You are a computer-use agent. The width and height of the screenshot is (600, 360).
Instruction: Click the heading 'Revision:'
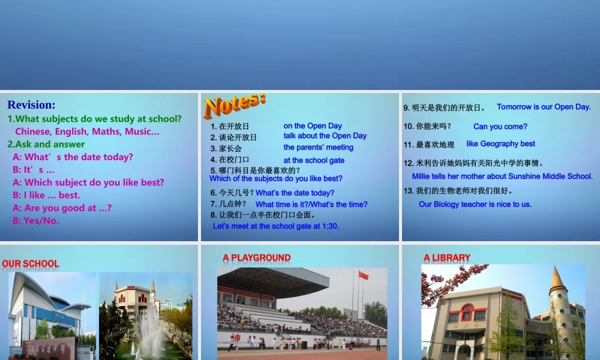(31, 105)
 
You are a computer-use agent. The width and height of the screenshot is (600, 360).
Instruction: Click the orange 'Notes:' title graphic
(234, 106)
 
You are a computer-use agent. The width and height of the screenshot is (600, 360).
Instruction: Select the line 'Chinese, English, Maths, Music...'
(87, 131)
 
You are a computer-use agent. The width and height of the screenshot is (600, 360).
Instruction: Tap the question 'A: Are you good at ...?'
(62, 208)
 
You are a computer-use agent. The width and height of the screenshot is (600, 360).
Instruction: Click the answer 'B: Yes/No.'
(36, 220)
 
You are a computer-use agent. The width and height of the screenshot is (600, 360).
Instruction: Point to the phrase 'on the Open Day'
(313, 126)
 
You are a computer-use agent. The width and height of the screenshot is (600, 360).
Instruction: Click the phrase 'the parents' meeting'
(318, 148)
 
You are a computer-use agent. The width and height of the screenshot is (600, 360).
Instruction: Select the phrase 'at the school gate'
(314, 160)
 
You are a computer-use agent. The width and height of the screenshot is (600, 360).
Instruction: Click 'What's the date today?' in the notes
(295, 193)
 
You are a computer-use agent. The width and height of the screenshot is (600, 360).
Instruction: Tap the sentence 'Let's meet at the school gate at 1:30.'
(276, 226)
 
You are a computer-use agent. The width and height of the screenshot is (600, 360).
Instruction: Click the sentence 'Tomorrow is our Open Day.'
(544, 107)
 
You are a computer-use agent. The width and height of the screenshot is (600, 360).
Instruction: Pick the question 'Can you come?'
(500, 127)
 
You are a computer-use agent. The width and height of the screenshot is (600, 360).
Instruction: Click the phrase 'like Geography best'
(500, 144)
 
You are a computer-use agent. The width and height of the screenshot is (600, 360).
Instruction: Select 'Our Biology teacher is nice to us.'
(475, 204)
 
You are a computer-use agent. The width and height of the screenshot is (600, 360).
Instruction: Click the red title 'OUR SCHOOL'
(31, 263)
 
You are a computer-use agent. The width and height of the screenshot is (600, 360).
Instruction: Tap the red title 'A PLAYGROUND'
(256, 258)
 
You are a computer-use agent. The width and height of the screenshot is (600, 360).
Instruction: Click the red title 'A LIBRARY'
(446, 258)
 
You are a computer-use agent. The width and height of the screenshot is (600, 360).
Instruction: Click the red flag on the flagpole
(363, 275)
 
